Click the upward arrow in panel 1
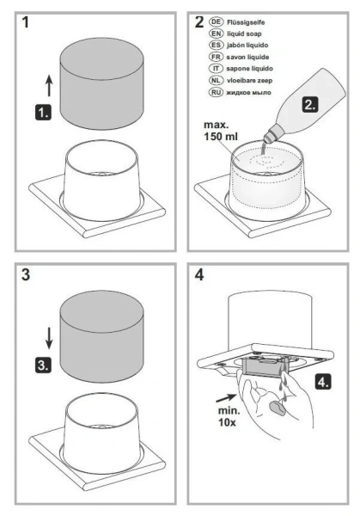pyautogui.click(x=49, y=85)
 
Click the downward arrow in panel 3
pyautogui.click(x=49, y=338)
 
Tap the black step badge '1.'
pyautogui.click(x=43, y=112)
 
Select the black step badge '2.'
pyautogui.click(x=310, y=104)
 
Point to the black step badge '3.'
pyautogui.click(x=43, y=365)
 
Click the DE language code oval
pyautogui.click(x=216, y=22)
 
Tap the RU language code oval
pyautogui.click(x=216, y=92)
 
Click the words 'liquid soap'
pyautogui.click(x=244, y=34)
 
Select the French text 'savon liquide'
pyautogui.click(x=247, y=57)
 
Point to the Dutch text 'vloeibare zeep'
pyautogui.click(x=249, y=80)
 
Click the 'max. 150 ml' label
pyautogui.click(x=220, y=131)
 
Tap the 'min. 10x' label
pyautogui.click(x=229, y=416)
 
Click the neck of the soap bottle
pyautogui.click(x=270, y=135)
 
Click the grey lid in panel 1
pyautogui.click(x=101, y=83)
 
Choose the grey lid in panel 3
pyautogui.click(x=101, y=336)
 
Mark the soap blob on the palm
pyautogui.click(x=277, y=408)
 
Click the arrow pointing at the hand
pyautogui.click(x=226, y=398)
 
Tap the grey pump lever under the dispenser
pyautogui.click(x=262, y=366)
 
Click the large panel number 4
pyautogui.click(x=199, y=274)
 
